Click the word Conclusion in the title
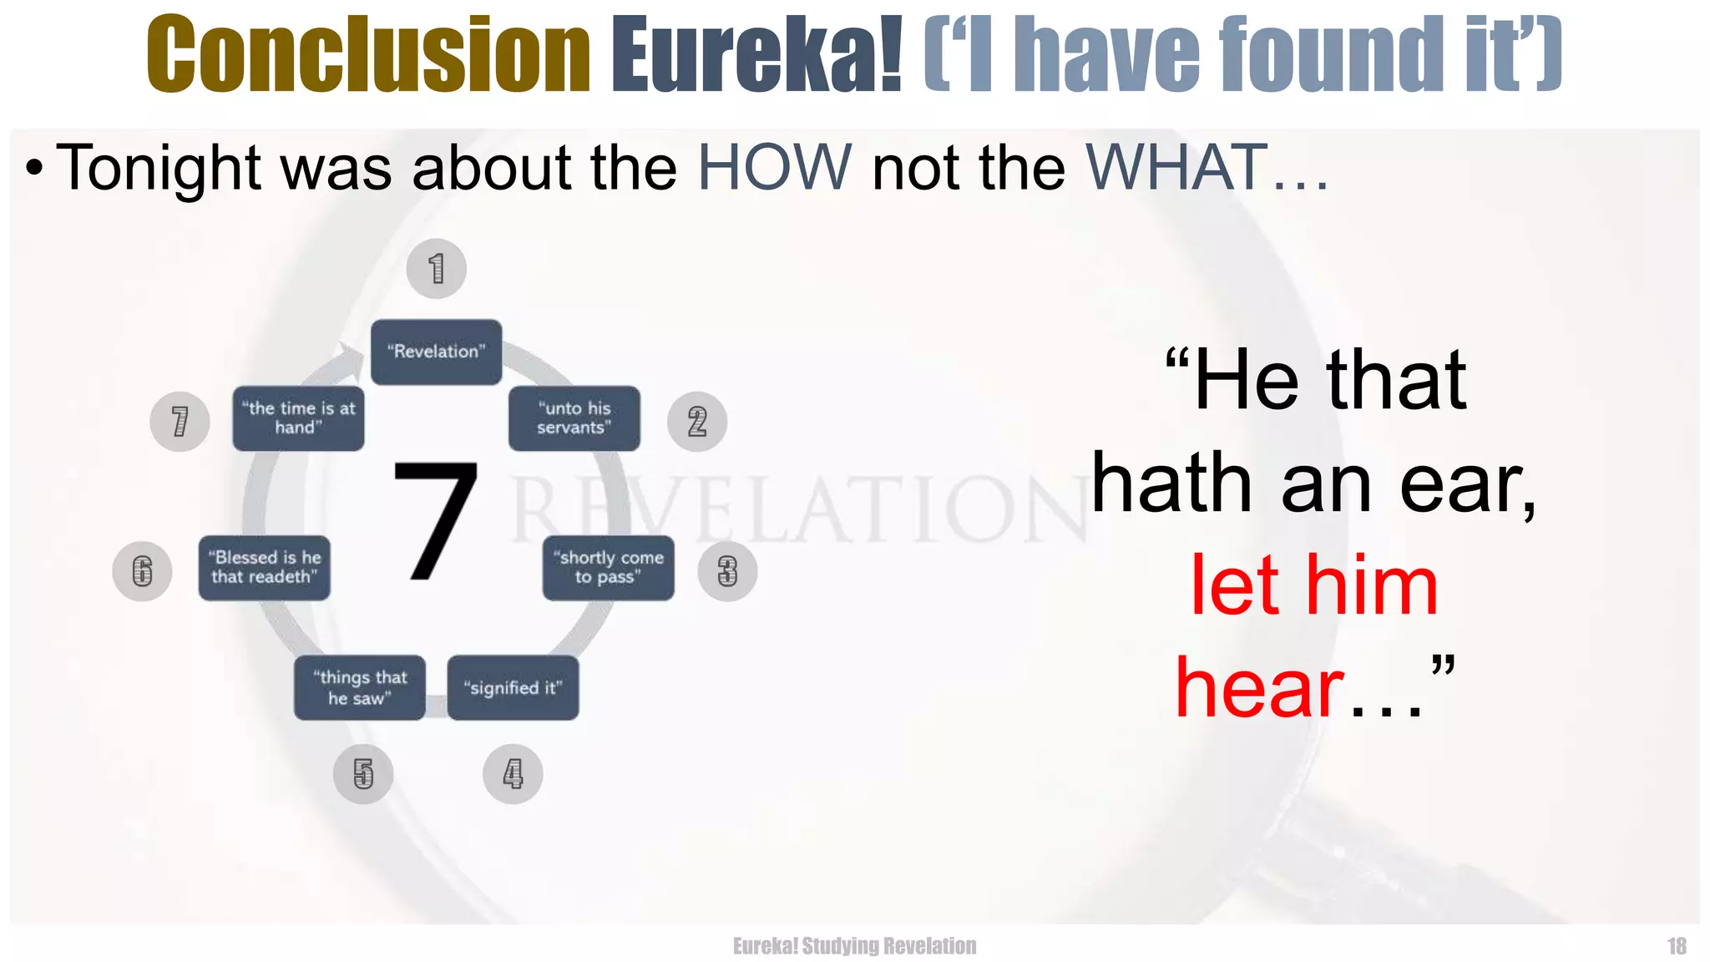368,54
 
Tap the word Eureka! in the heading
756,54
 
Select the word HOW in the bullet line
774,168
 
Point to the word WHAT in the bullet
1176,168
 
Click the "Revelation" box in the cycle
436,352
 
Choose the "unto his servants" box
574,418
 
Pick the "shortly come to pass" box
608,568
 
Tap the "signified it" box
513,688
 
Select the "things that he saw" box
360,688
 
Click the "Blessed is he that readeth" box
265,568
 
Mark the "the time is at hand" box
298,418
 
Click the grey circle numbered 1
436,269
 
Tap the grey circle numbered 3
727,571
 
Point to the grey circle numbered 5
363,774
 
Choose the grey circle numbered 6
143,571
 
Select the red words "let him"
1313,586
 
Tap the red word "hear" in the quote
1259,689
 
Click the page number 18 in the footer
1677,946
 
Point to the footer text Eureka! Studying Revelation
854,946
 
